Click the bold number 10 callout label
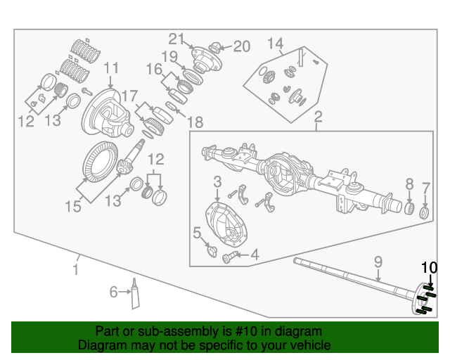[x=429, y=267]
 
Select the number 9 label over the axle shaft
[x=378, y=262]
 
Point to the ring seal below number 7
[x=425, y=212]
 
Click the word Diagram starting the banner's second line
[x=99, y=345]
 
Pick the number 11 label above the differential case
[x=112, y=68]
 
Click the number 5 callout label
[x=197, y=232]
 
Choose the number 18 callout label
[x=195, y=121]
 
